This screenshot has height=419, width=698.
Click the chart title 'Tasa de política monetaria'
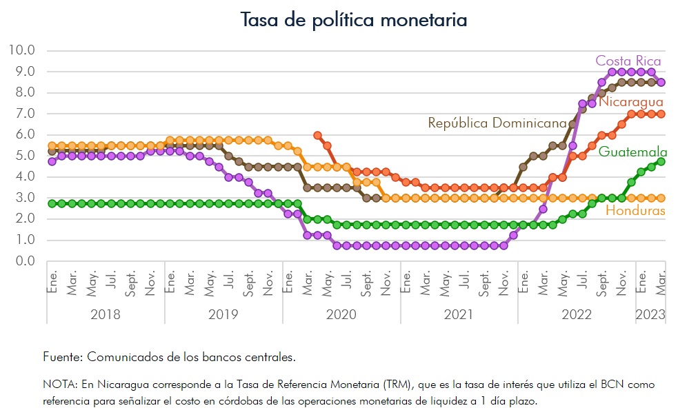(353, 20)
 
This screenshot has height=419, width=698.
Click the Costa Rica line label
(628, 61)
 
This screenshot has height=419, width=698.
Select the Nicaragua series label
(630, 102)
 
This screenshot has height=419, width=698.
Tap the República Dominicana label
(497, 123)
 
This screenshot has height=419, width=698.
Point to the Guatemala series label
(632, 152)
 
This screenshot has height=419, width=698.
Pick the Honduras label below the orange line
(635, 211)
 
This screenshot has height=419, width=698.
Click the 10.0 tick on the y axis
(21, 50)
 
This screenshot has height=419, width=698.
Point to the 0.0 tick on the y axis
(24, 261)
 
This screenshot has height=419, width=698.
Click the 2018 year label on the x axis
(106, 314)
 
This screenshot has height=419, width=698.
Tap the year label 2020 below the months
(341, 314)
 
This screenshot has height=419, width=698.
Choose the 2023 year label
(650, 314)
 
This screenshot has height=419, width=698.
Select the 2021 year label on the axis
(459, 314)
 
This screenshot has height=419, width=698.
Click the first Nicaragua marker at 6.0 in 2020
(317, 136)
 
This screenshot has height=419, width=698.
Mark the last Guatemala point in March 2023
(661, 161)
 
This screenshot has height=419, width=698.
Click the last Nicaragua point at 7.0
(661, 114)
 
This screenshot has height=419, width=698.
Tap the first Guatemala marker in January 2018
(52, 203)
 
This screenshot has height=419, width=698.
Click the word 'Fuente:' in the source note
(61, 357)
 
